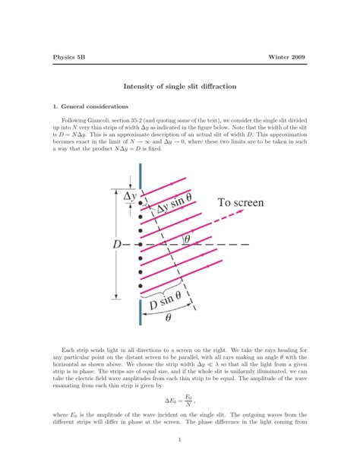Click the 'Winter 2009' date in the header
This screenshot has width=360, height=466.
pyautogui.click(x=289, y=58)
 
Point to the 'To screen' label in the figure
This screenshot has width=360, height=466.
pyautogui.click(x=245, y=202)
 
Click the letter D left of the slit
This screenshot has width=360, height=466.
pyautogui.click(x=116, y=245)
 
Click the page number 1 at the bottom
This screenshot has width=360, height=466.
pyautogui.click(x=179, y=439)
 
